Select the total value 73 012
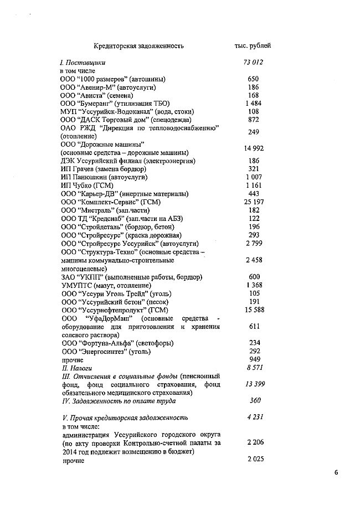[x=253, y=63]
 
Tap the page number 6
[x=336, y=472]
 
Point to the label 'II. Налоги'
[x=76, y=368]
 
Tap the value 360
[x=254, y=400]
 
